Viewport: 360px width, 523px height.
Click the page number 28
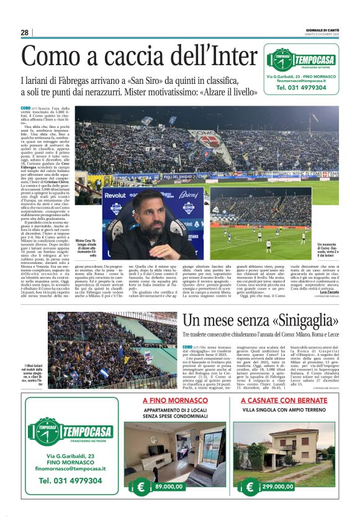pos(24,32)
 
